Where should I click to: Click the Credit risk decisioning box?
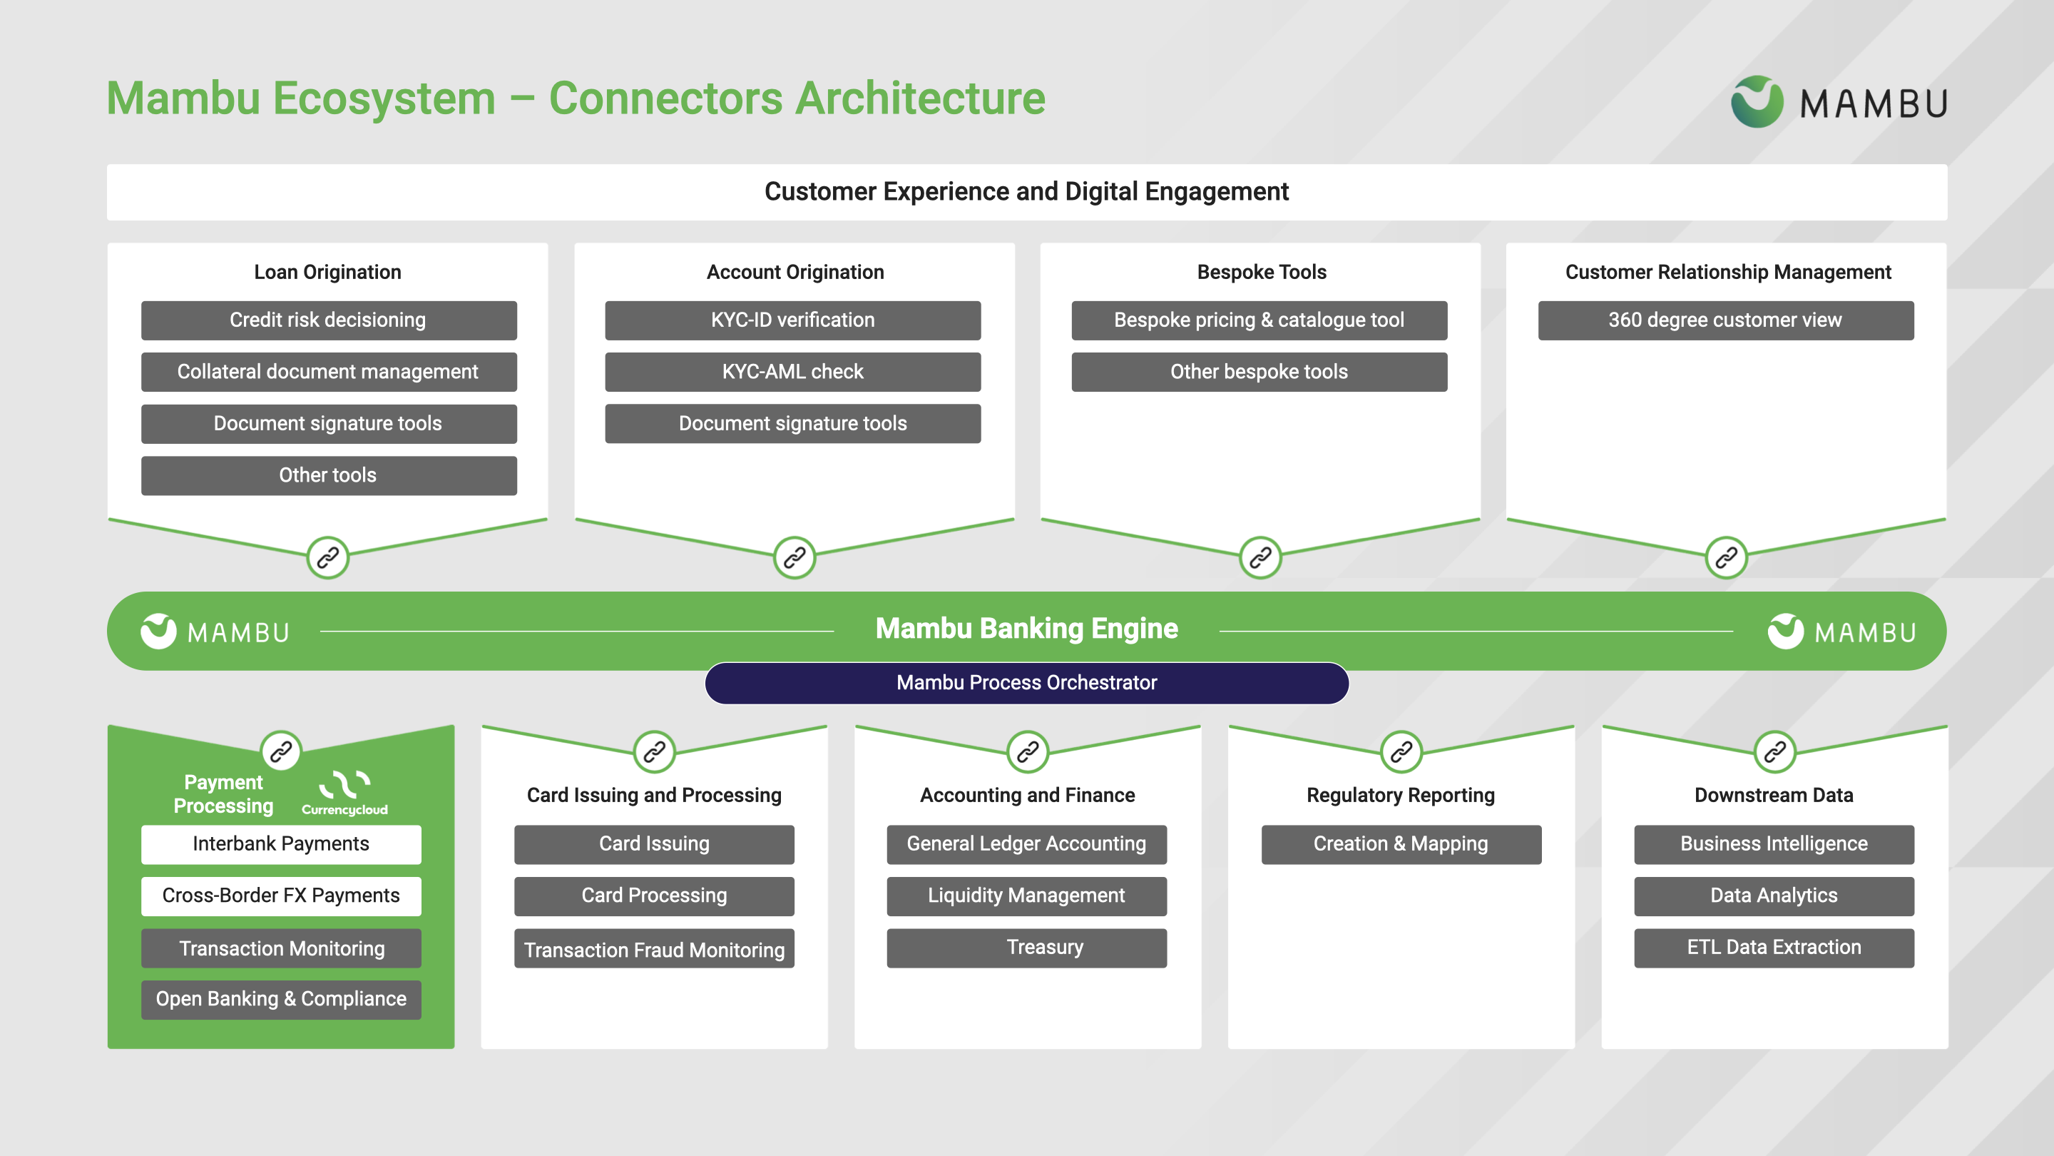pyautogui.click(x=329, y=320)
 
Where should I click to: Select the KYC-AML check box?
pyautogui.click(x=792, y=372)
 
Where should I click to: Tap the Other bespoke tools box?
pyautogui.click(x=1259, y=372)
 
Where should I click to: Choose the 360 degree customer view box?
pyautogui.click(x=1725, y=320)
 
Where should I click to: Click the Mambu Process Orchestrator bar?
pyautogui.click(x=1026, y=683)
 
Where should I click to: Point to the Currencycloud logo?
pyautogui.click(x=344, y=792)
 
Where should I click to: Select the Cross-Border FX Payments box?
pyautogui.click(x=281, y=896)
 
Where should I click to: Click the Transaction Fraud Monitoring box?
pyautogui.click(x=654, y=948)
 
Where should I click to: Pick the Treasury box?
pyautogui.click(x=1026, y=948)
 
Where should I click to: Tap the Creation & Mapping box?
pyautogui.click(x=1401, y=844)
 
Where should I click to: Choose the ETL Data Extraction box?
pyautogui.click(x=1773, y=948)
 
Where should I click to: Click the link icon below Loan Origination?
pyautogui.click(x=328, y=557)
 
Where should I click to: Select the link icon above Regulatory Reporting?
pyautogui.click(x=1401, y=751)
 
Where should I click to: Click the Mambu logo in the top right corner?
pyautogui.click(x=1839, y=102)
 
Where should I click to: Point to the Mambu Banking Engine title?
pyautogui.click(x=1026, y=629)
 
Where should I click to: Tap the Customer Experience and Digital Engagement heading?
pyautogui.click(x=1026, y=192)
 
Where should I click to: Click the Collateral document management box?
pyautogui.click(x=329, y=372)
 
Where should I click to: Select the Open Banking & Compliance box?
pyautogui.click(x=281, y=1000)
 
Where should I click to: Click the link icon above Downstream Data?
pyautogui.click(x=1774, y=751)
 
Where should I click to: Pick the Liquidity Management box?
pyautogui.click(x=1026, y=896)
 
